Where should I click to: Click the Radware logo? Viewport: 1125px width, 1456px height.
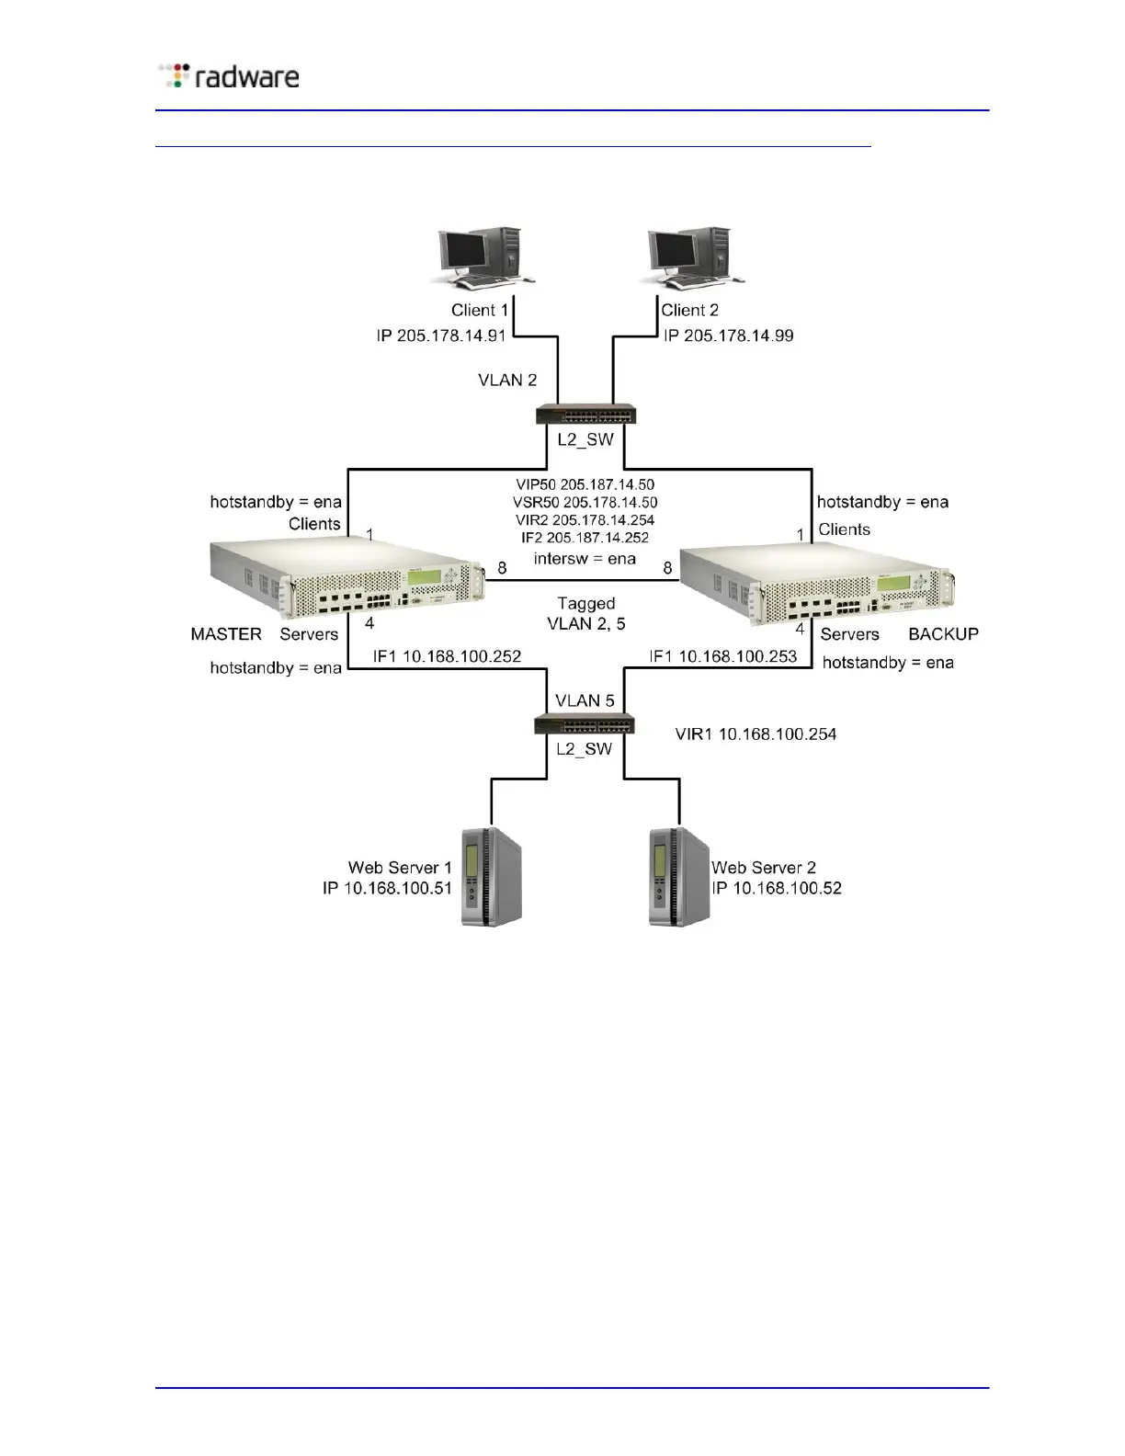click(x=229, y=76)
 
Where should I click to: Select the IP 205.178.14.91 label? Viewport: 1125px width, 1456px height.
click(x=441, y=336)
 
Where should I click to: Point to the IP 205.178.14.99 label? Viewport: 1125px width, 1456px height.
click(x=728, y=336)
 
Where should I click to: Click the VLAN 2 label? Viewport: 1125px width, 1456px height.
click(x=507, y=380)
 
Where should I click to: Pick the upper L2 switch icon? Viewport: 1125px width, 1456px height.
click(x=586, y=415)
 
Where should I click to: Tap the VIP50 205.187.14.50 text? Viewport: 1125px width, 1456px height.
click(x=585, y=484)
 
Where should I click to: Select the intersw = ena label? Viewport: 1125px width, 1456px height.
click(x=585, y=559)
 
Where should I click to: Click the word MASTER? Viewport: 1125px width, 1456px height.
click(x=226, y=634)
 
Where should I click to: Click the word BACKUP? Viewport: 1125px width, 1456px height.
click(x=943, y=634)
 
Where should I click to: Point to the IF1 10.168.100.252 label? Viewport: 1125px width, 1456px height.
click(x=447, y=656)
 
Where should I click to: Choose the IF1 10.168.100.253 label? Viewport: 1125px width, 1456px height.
click(x=722, y=656)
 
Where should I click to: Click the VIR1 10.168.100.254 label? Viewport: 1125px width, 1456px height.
click(x=756, y=734)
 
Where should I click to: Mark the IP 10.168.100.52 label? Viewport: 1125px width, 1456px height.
click(x=777, y=888)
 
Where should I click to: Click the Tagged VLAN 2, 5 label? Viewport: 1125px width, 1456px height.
click(x=586, y=613)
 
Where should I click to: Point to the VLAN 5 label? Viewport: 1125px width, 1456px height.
click(x=585, y=700)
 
